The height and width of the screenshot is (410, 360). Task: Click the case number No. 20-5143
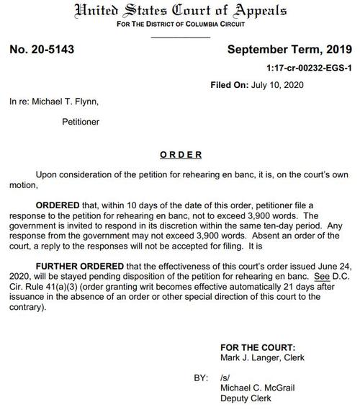[42, 50]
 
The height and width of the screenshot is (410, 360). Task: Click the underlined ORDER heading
[181, 155]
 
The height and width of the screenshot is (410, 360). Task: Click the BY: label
[201, 376]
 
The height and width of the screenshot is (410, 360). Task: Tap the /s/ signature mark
[225, 376]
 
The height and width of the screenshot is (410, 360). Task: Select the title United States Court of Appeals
[180, 12]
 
